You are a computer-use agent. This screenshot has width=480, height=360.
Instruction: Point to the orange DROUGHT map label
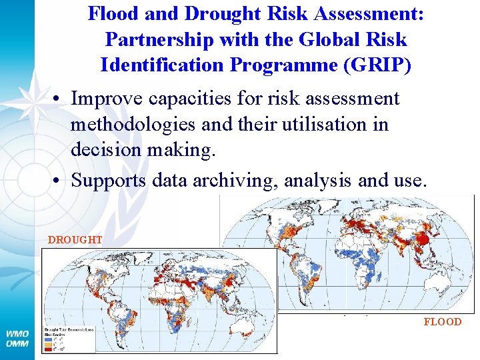click(75, 239)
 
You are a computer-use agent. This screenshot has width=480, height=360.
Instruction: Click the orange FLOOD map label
click(442, 321)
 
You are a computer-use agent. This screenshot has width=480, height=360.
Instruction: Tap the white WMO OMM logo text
click(17, 339)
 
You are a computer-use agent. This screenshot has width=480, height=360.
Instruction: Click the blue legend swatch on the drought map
click(48, 339)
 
